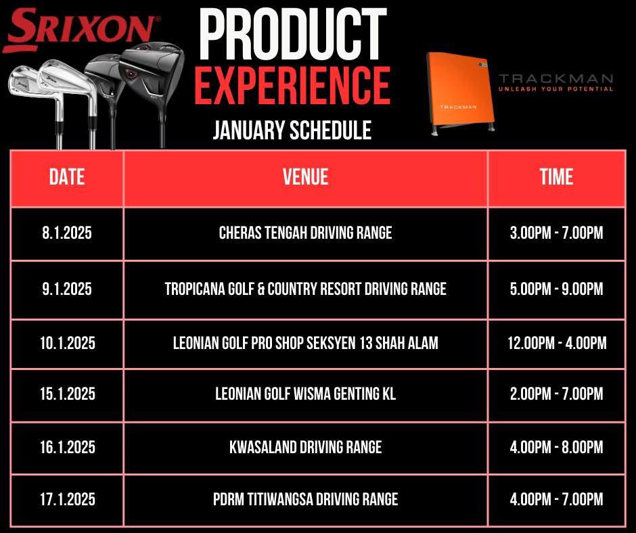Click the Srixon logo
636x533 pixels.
coord(80,28)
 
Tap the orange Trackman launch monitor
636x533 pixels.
coord(457,93)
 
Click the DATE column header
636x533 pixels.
coord(67,177)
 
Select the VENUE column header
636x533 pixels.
coord(305,177)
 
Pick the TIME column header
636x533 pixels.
coord(556,177)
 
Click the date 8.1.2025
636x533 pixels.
coord(67,233)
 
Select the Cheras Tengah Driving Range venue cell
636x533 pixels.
coord(305,233)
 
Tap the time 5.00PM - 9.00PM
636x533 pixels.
coord(556,289)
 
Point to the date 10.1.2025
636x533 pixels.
coord(67,343)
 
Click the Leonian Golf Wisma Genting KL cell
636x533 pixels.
coord(305,394)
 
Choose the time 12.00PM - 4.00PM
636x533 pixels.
coord(556,343)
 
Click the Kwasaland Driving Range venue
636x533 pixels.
coord(305,447)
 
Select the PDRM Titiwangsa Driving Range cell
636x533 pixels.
coord(305,500)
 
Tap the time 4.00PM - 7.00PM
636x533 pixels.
coord(556,500)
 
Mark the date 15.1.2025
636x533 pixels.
coord(67,394)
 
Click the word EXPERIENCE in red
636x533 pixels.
coord(292,86)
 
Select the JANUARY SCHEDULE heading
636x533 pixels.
coord(292,130)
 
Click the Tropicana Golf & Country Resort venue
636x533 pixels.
coord(305,289)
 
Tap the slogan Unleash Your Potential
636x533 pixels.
coord(555,89)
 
